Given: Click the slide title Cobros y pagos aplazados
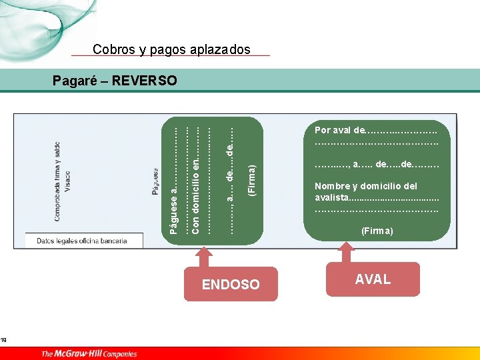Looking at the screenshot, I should pos(171,49).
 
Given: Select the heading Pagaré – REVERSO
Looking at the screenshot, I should pos(115,81).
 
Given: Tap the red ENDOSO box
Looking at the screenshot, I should pos(231,285).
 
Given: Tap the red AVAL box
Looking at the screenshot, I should pos(373,279).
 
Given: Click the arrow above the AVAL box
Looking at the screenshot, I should pos(345,252).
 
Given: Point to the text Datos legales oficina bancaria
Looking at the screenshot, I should pos(81,241).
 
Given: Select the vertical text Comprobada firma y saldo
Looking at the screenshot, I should pos(57,181).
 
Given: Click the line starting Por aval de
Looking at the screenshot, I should pos(376,130).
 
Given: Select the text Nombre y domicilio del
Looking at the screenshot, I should pos(365,187).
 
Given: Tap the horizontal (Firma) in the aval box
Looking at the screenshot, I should pos(377,231).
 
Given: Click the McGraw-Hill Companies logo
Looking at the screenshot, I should pos(89,354).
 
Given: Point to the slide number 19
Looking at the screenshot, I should pos(3,341).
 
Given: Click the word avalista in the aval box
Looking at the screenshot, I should pos(331,198).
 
